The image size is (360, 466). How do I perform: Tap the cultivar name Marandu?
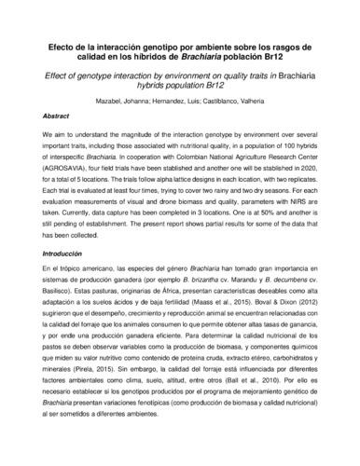(230, 253)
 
